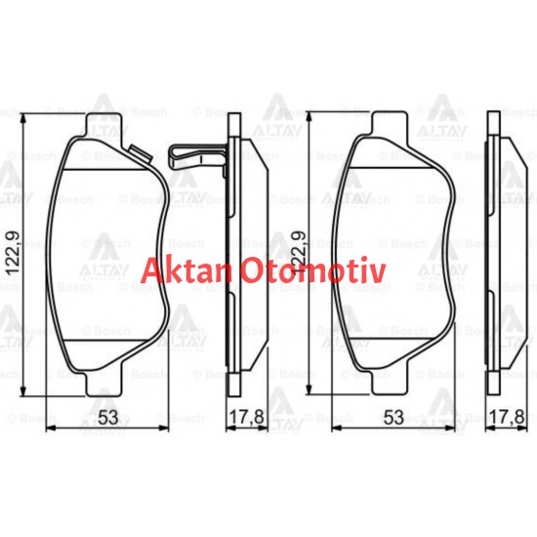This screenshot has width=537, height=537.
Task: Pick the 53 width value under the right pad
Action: tap(392, 418)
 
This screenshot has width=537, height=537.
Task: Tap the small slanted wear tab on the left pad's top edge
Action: tap(138, 151)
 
